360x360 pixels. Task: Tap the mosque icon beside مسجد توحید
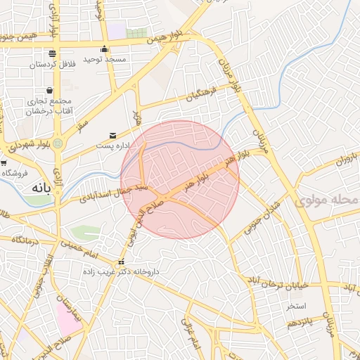[105, 49]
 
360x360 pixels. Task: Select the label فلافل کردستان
[52, 65]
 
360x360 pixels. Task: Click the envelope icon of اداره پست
[112, 135]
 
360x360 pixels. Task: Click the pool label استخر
[296, 307]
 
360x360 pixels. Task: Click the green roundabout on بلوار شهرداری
[58, 143]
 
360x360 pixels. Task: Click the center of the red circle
[180, 179]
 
